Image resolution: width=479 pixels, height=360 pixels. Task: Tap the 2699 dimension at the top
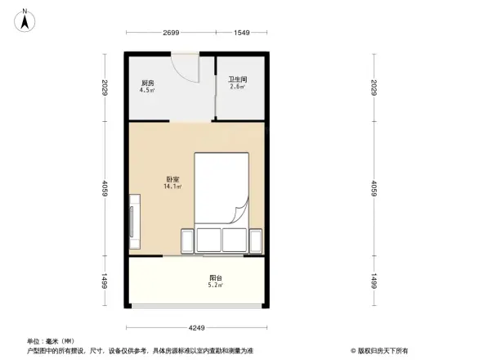pyautogui.click(x=170, y=33)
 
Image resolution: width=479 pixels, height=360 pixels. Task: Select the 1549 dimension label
pyautogui.click(x=241, y=33)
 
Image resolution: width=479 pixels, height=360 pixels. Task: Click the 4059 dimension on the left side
pyautogui.click(x=105, y=188)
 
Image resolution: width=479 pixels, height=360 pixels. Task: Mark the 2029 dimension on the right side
pyautogui.click(x=374, y=88)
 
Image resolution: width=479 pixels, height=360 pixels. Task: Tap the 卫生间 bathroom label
pyautogui.click(x=238, y=79)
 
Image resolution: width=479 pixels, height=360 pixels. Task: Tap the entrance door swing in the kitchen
pyautogui.click(x=186, y=68)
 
